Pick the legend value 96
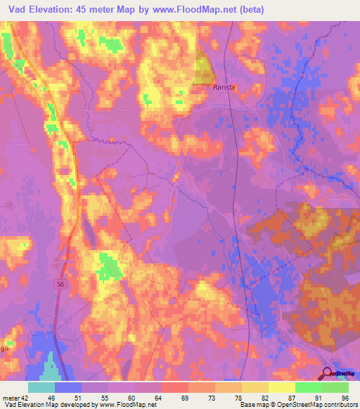click(x=345, y=398)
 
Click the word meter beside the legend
click(x=10, y=398)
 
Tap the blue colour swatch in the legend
click(x=68, y=387)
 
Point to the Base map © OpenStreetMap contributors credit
click(x=298, y=405)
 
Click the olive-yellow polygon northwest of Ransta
click(x=202, y=70)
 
